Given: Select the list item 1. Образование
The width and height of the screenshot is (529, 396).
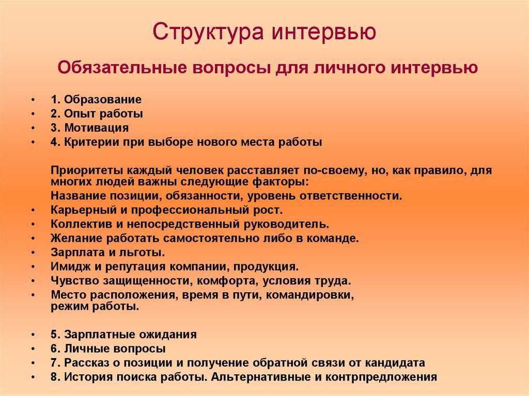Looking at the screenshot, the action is [x=96, y=100].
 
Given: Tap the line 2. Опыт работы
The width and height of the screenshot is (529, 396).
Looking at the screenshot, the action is [x=97, y=114].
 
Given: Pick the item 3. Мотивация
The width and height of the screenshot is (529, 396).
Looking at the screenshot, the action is [x=90, y=128].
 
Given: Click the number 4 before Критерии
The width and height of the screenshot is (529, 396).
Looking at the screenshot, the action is [x=54, y=142].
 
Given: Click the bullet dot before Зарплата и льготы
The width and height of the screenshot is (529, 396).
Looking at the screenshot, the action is [x=33, y=252].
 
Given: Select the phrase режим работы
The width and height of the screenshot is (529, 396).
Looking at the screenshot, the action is [x=95, y=307].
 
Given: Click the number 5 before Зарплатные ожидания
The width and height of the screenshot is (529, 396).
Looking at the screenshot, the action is [x=54, y=335].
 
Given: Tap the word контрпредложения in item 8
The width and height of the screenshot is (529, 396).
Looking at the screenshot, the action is [x=382, y=377].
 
